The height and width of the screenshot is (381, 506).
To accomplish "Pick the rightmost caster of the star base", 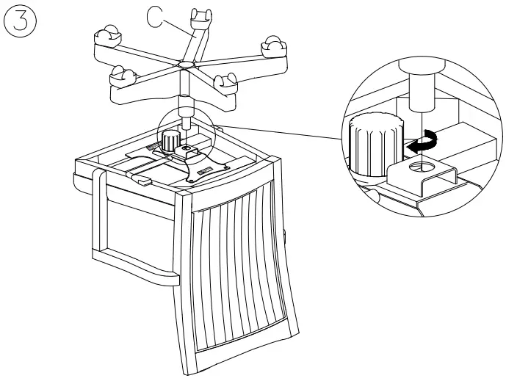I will [274, 46].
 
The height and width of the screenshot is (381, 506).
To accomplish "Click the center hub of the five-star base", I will [182, 66].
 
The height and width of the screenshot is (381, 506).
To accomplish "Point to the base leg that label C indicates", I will [191, 40].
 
